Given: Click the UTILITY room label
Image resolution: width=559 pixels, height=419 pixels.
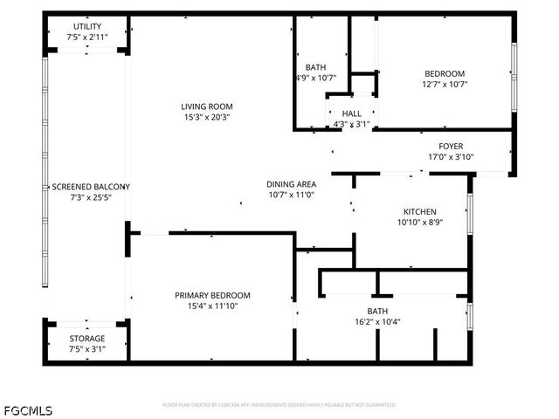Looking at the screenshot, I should point(86,26).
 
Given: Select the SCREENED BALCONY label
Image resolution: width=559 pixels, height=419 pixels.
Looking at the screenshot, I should point(90,187).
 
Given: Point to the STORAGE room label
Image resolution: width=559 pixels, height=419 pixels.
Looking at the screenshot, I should point(86,338).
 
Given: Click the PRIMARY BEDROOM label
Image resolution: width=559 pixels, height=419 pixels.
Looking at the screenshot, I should point(212,295).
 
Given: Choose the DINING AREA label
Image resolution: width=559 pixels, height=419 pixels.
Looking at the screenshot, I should point(291,184).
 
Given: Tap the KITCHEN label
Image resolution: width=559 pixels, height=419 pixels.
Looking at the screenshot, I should point(419,212).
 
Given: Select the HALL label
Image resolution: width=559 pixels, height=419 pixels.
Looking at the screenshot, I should point(351,113).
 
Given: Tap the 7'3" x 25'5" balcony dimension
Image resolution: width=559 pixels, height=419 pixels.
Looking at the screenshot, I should point(90,197).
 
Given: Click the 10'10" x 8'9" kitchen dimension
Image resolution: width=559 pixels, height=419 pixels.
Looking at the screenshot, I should point(419,223).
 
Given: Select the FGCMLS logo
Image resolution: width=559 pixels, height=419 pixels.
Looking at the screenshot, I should point(27,409).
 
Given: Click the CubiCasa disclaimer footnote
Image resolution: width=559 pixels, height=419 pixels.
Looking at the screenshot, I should point(279,405).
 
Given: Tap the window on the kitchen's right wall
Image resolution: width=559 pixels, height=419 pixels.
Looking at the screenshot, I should point(470,215).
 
